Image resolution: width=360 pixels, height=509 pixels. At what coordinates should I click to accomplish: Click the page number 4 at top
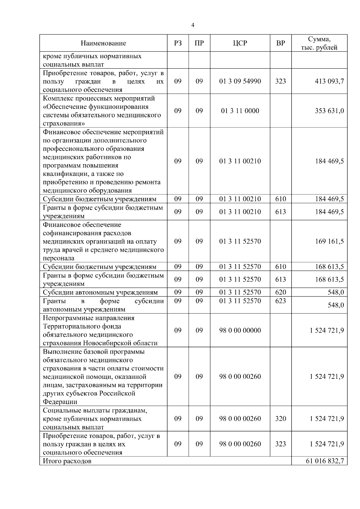pos(193,25)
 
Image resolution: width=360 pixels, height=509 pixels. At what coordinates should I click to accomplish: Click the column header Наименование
pos(103,43)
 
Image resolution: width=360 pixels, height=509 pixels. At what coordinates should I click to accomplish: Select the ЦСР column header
pos(240,43)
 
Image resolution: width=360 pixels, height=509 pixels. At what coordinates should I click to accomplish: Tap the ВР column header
pos(280,43)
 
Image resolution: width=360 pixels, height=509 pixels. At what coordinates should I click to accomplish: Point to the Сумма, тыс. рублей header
pos(319,43)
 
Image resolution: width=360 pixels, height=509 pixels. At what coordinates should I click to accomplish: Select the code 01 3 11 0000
pos(240,111)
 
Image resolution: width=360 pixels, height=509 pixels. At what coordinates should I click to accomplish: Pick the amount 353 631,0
pos(329,111)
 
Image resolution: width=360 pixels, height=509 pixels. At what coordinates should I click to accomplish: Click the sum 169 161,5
pos(329,241)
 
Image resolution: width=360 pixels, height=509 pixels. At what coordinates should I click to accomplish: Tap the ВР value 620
pos(280,292)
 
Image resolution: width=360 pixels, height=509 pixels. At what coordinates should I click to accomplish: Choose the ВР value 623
pos(280,301)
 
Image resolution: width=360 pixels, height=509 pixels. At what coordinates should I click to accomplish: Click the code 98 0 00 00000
pos(240,330)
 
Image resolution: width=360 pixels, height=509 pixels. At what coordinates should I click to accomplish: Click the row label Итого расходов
pos(67,461)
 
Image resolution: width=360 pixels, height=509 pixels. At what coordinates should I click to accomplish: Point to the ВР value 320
pos(280,419)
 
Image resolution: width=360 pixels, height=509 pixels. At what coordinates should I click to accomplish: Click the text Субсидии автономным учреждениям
pos(100,292)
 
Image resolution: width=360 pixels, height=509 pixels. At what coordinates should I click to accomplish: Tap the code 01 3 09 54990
pos(240,81)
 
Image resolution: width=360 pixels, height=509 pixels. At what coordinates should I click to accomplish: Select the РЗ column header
pos(178,43)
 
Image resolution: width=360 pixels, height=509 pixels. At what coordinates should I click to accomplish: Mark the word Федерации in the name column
pos(60,402)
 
